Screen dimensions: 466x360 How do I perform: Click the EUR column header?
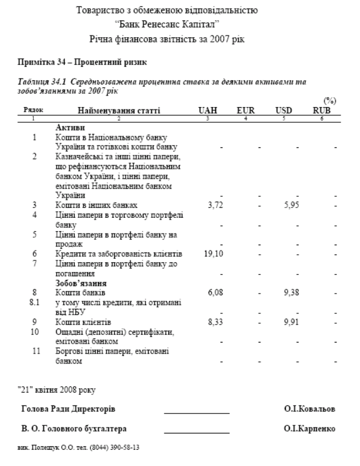click(x=245, y=110)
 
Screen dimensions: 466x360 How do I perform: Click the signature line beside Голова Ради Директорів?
click(x=196, y=412)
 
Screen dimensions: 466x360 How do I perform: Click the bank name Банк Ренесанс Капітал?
click(x=179, y=25)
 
